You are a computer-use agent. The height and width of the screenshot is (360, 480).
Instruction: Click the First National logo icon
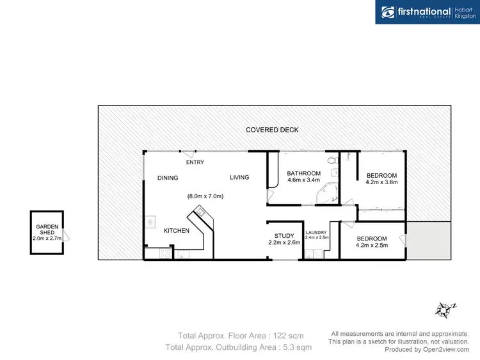click(388, 12)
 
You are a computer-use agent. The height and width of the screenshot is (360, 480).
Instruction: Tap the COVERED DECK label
click(272, 130)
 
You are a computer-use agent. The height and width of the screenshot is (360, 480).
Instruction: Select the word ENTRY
click(195, 162)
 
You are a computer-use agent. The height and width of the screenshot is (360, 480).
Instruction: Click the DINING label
click(168, 178)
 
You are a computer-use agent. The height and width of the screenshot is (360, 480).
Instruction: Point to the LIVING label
click(239, 178)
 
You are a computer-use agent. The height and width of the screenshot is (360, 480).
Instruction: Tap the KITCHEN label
click(176, 230)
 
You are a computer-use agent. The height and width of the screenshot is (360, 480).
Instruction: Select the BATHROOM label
click(303, 173)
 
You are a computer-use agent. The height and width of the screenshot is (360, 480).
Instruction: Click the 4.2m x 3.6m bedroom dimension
click(381, 182)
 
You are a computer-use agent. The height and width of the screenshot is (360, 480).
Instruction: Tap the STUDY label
click(284, 236)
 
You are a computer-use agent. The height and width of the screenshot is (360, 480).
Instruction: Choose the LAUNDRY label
click(316, 232)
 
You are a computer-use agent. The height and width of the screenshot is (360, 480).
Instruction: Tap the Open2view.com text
click(447, 349)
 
